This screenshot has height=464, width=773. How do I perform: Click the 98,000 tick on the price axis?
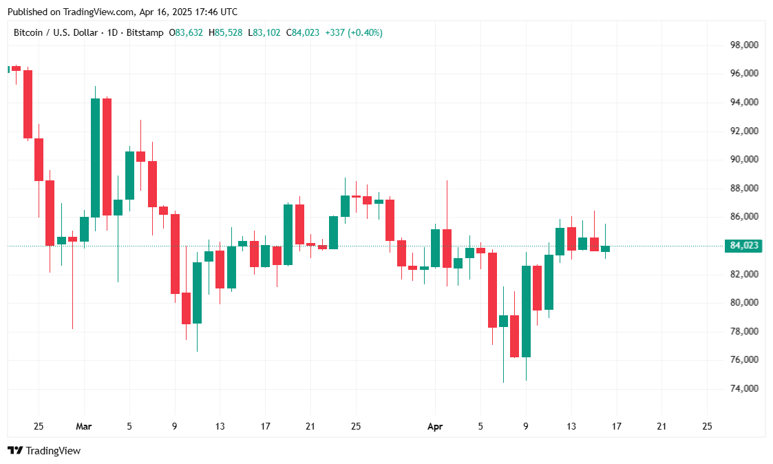[x=744, y=45]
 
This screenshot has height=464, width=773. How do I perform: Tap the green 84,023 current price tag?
[x=743, y=246]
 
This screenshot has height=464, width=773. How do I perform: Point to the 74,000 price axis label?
[x=744, y=389]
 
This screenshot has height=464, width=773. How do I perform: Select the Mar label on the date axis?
[x=83, y=427]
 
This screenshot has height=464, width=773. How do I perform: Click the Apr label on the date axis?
[x=435, y=427]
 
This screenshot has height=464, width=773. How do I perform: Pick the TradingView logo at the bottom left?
[x=44, y=451]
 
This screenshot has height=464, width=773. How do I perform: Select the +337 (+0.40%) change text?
[x=354, y=32]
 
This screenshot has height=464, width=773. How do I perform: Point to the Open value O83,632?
[x=186, y=32]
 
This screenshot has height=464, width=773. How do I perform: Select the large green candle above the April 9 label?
[x=526, y=311]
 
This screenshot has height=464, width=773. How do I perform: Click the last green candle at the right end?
[x=605, y=249]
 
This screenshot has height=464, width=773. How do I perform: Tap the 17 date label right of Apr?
[x=617, y=427]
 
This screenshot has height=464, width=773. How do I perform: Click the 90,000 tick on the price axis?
[x=744, y=159]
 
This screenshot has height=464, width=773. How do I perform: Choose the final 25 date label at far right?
[x=707, y=427]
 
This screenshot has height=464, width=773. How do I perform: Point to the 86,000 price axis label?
[x=744, y=217]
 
